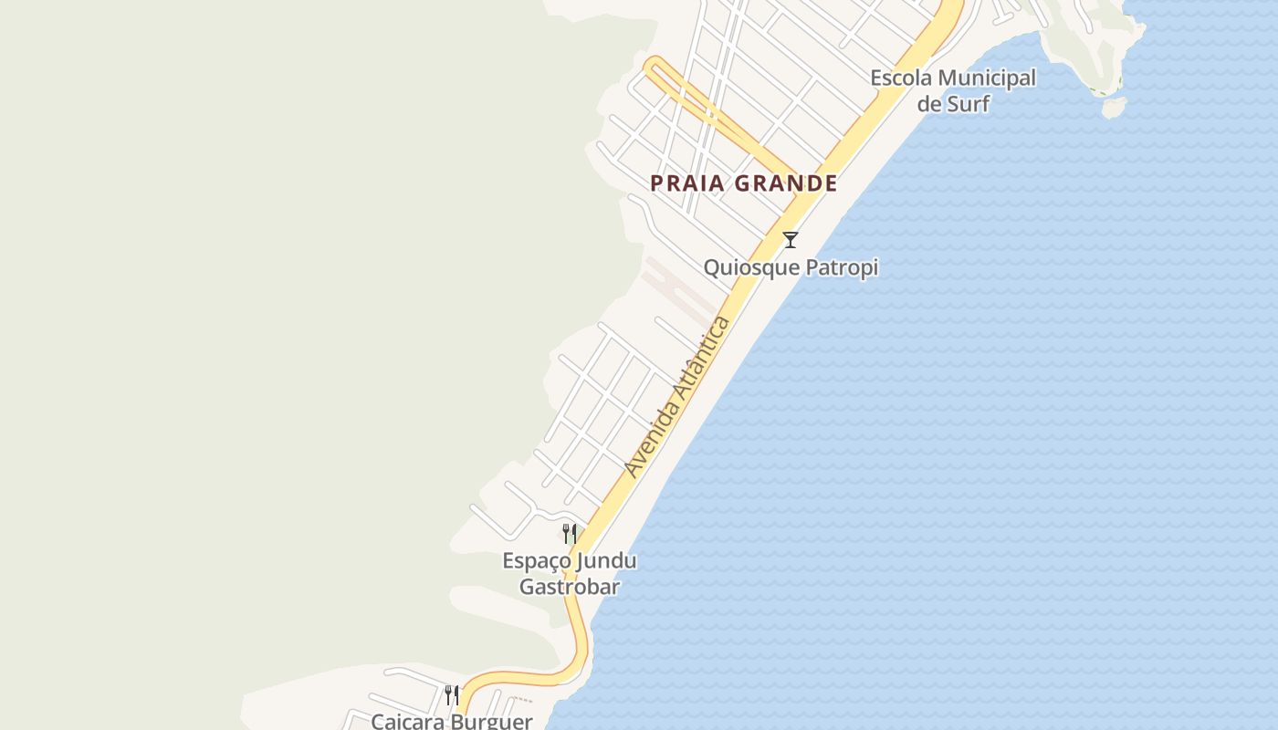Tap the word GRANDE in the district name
pyautogui.click(x=786, y=183)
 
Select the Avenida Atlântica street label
pyautogui.click(x=678, y=397)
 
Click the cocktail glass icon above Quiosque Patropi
pyautogui.click(x=791, y=240)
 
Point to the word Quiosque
pyautogui.click(x=744, y=267)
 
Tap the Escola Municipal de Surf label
pyautogui.click(x=953, y=90)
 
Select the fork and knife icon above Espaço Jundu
pyautogui.click(x=570, y=534)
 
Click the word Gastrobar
pyautogui.click(x=570, y=587)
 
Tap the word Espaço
pyautogui.click(x=537, y=560)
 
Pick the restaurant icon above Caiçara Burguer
pyautogui.click(x=452, y=695)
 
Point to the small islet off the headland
pyautogui.click(x=1114, y=108)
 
